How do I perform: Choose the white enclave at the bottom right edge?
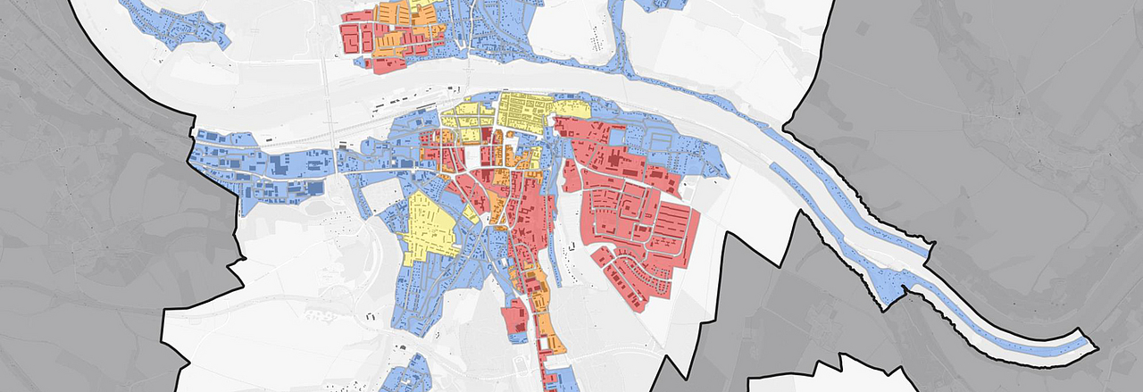click(857, 375)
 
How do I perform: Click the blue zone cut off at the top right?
click(661, 4)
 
